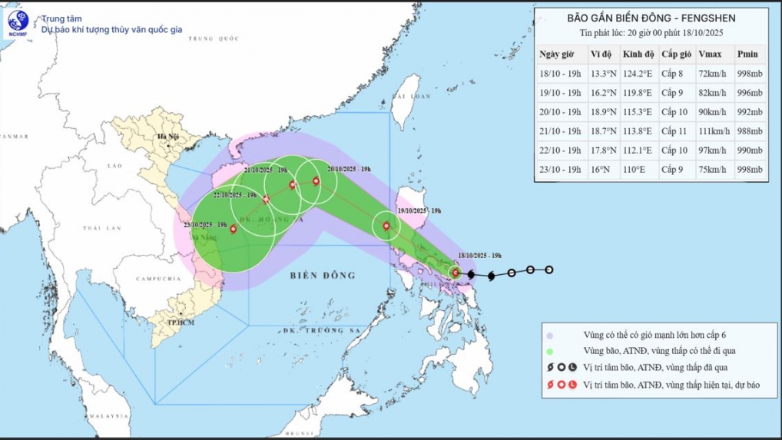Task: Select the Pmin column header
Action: (x=747, y=54)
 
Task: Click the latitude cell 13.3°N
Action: (x=603, y=74)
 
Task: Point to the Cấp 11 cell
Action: (x=675, y=131)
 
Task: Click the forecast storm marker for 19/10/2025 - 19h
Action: (x=386, y=227)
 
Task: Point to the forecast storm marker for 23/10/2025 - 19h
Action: (x=233, y=228)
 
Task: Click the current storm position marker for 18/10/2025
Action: (x=456, y=273)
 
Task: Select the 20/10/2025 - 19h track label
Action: (x=350, y=169)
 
